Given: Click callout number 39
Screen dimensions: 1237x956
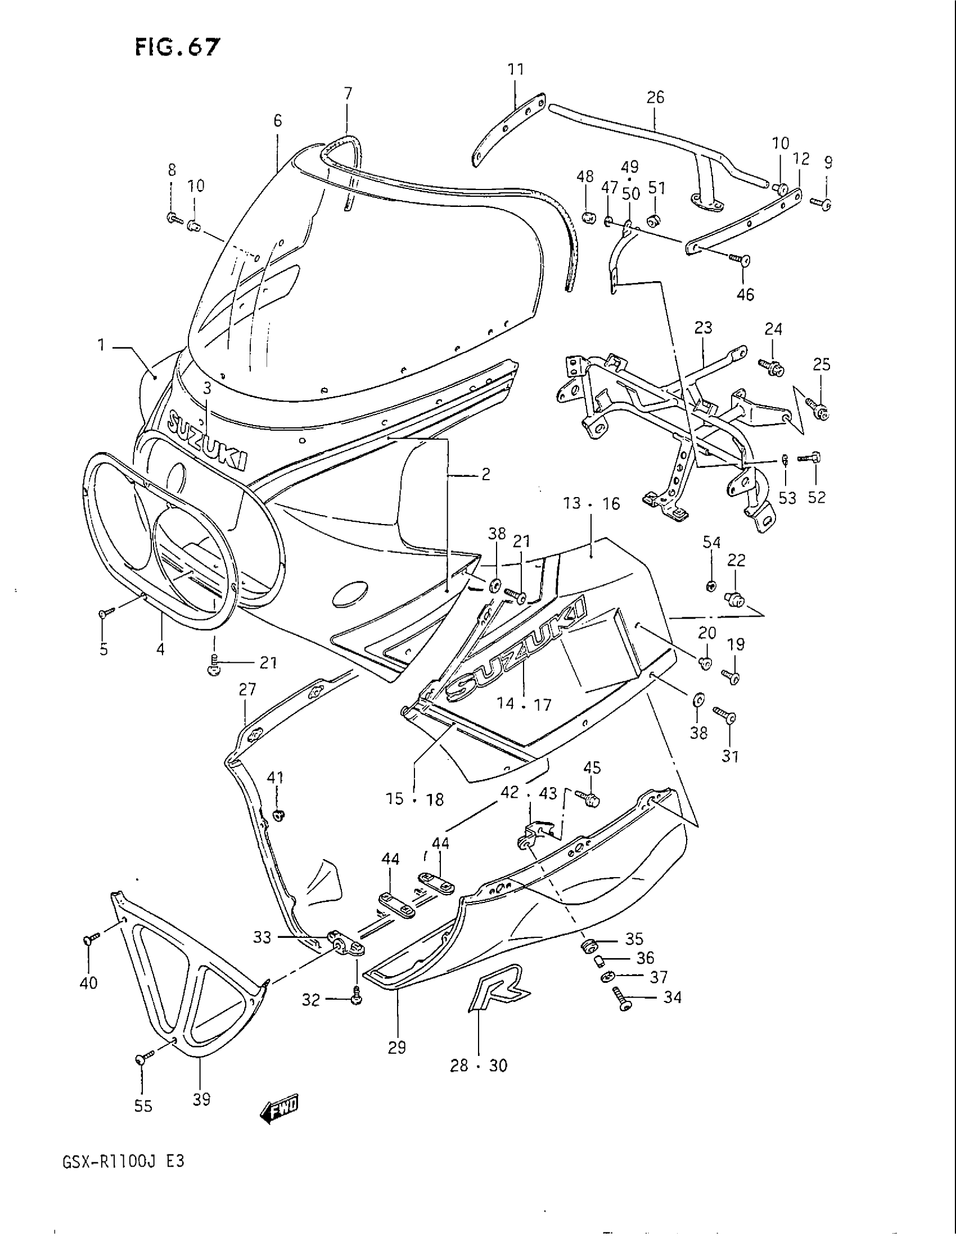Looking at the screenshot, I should click(x=201, y=1099).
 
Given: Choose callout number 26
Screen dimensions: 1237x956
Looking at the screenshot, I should click(x=655, y=97).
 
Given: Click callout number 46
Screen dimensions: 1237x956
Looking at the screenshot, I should click(x=745, y=295).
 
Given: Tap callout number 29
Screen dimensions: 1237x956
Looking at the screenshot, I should click(x=397, y=1048).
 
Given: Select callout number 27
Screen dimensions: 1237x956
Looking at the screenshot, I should click(x=247, y=689).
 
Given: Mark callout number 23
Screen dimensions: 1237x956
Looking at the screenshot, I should click(x=703, y=328).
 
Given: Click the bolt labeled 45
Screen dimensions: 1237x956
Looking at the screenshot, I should click(x=587, y=797).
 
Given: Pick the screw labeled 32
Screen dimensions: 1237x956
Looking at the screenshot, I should click(x=356, y=999).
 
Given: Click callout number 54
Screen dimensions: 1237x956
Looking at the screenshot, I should click(x=712, y=543).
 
